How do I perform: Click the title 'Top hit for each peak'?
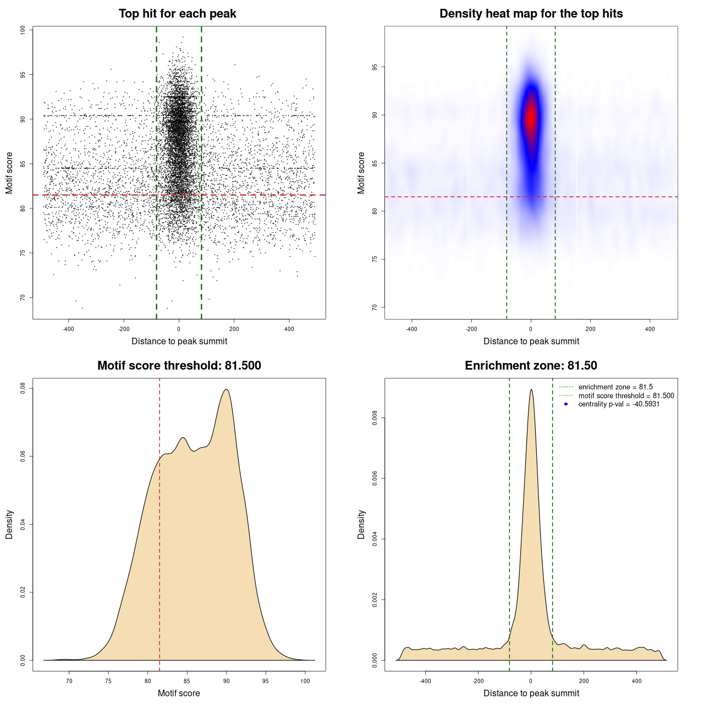177,14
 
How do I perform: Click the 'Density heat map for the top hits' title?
531,14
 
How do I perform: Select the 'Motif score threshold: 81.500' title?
179,366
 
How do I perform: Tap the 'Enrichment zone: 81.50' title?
531,366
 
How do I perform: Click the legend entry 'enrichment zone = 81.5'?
615,387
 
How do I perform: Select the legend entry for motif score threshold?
626,396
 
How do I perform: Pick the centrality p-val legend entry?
619,404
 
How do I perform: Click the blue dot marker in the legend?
566,404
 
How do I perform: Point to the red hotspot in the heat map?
531,117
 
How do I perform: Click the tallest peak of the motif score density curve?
226,389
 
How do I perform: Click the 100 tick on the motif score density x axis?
305,681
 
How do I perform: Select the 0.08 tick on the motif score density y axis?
23,388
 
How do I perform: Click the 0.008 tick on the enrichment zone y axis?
375,418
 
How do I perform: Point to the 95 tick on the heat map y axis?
375,67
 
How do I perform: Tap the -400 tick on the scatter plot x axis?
68,329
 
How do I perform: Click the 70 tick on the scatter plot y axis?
23,298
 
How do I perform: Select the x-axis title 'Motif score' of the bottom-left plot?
179,693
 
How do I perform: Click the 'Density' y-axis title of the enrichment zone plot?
361,524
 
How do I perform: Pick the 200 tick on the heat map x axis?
590,329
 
